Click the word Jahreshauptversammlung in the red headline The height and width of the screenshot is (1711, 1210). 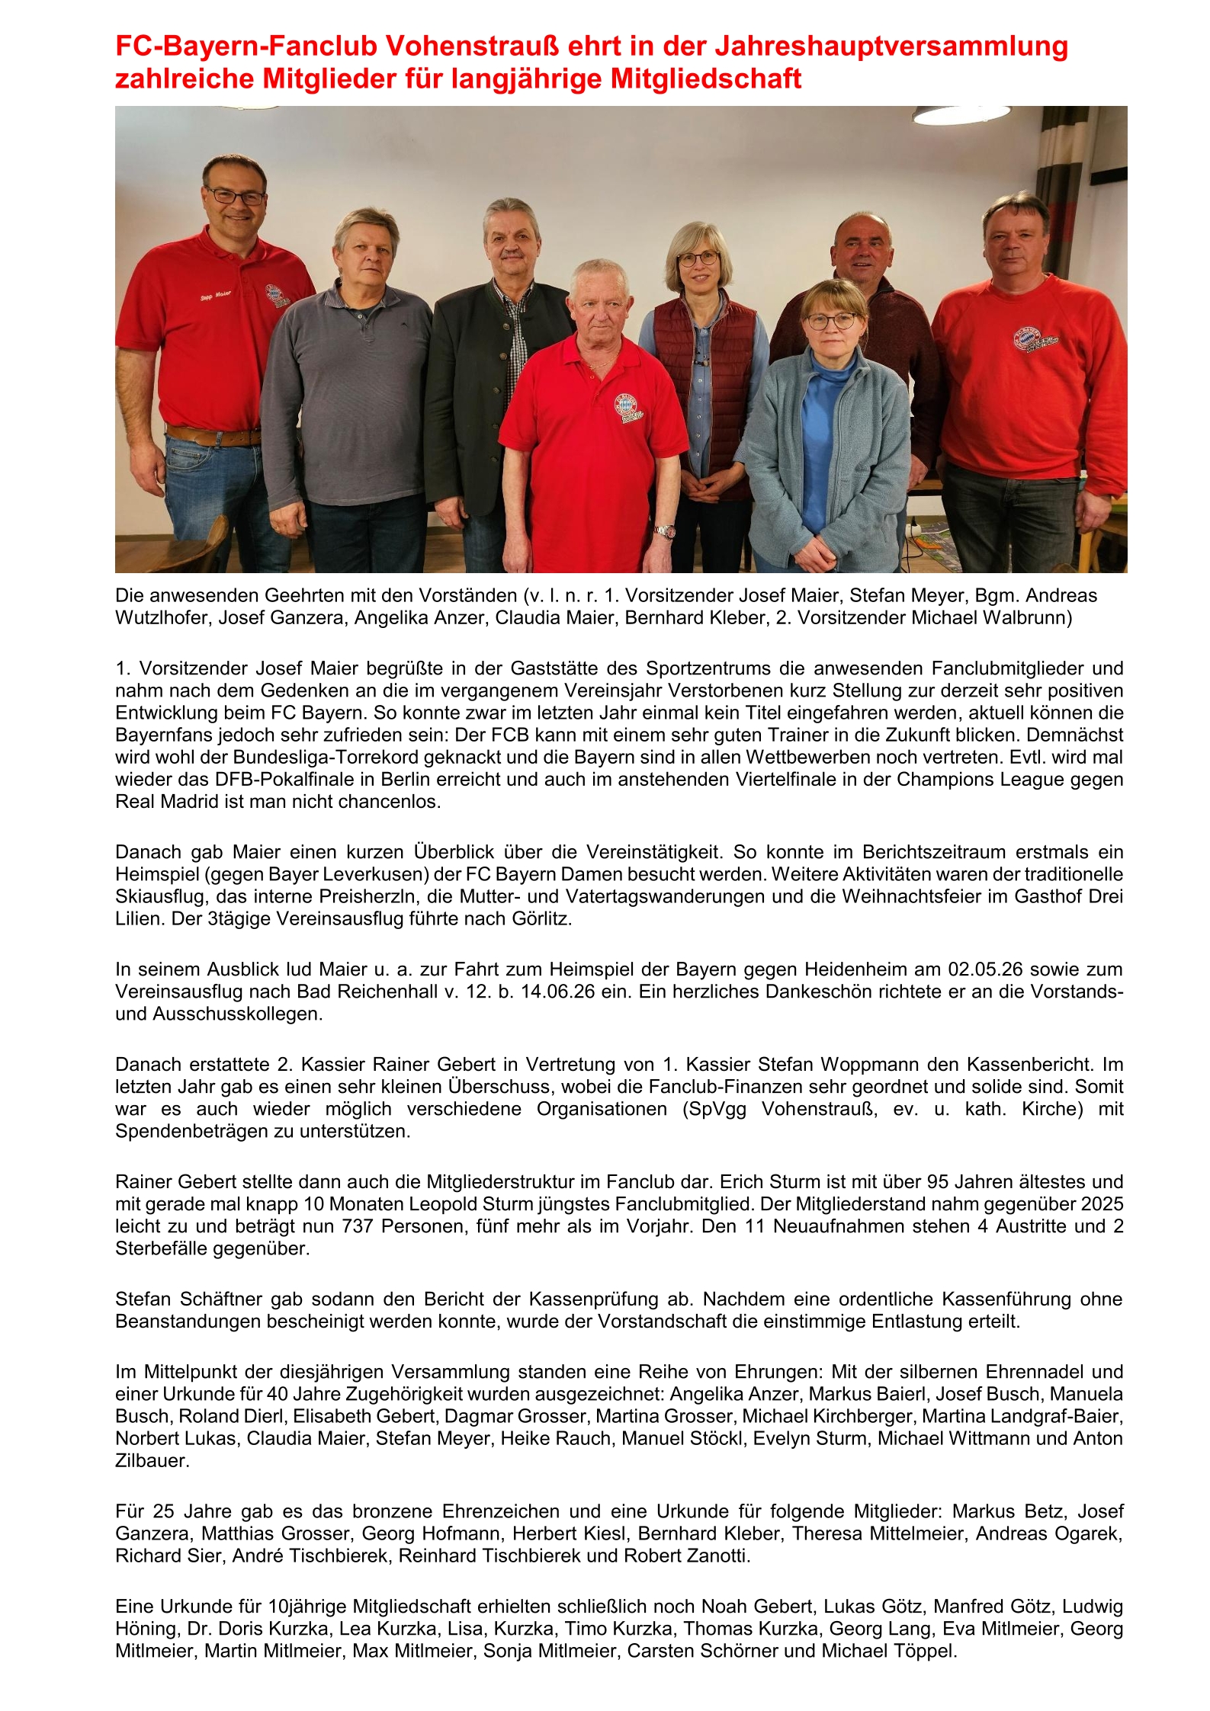point(891,46)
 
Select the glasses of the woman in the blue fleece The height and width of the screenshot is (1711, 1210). point(830,321)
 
